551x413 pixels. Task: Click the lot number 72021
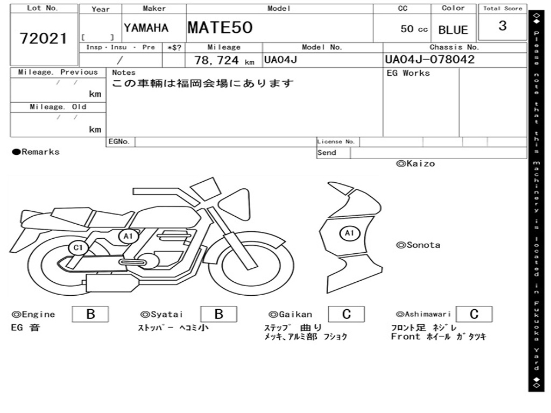point(44,38)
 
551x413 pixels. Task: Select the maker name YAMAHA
point(146,28)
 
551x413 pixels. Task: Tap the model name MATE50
point(220,27)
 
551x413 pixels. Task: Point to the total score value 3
point(503,26)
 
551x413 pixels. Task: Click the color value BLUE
point(453,30)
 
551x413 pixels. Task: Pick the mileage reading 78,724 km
point(224,60)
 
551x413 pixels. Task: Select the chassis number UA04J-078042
point(429,60)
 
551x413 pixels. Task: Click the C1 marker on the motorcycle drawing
point(79,248)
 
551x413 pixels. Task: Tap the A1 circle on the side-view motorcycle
point(128,236)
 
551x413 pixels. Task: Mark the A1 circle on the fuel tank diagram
point(349,233)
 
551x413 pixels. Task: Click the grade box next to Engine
point(90,314)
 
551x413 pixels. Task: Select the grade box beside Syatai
point(218,314)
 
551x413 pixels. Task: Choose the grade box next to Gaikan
point(346,314)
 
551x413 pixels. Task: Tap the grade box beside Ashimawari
point(474,314)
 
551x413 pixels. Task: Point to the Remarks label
point(36,152)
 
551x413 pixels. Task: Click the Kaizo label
point(415,163)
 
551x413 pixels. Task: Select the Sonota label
point(418,245)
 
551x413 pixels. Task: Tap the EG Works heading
point(408,73)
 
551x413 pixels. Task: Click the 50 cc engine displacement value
point(414,29)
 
